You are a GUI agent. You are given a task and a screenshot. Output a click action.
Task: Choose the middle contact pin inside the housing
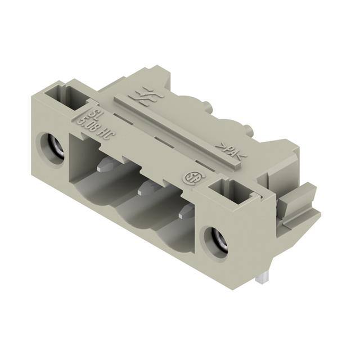point(146,187)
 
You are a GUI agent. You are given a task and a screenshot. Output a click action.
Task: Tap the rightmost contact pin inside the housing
point(186,212)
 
